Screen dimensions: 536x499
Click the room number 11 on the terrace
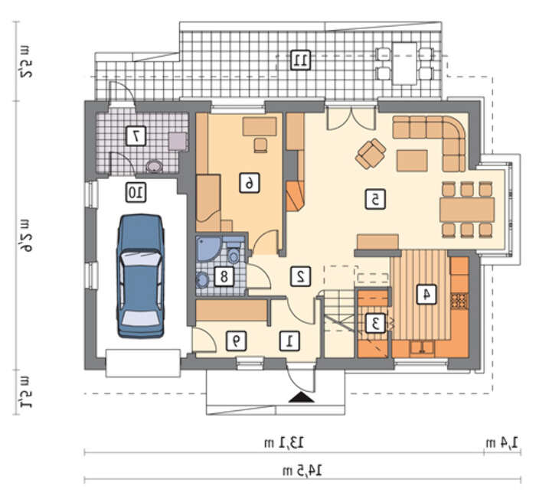click(300, 60)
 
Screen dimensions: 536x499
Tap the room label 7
click(136, 136)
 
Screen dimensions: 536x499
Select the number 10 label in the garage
click(136, 192)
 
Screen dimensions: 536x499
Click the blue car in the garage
click(140, 276)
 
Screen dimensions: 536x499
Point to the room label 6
click(249, 183)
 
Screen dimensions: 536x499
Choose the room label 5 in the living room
click(375, 199)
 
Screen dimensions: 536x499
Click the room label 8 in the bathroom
click(224, 276)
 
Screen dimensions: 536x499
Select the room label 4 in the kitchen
click(427, 294)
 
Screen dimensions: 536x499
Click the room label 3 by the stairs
click(375, 323)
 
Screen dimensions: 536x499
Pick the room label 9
click(236, 341)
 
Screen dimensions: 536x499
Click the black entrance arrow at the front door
click(301, 397)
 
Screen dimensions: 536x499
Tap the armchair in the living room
click(371, 154)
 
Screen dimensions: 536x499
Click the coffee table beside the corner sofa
click(412, 161)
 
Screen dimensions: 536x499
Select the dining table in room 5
click(467, 210)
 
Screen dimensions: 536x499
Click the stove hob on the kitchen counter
click(459, 301)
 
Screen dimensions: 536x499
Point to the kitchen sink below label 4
click(423, 348)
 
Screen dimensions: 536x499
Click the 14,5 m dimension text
click(302, 471)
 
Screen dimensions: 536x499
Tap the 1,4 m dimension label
click(502, 442)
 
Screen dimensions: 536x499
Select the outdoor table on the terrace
click(404, 64)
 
